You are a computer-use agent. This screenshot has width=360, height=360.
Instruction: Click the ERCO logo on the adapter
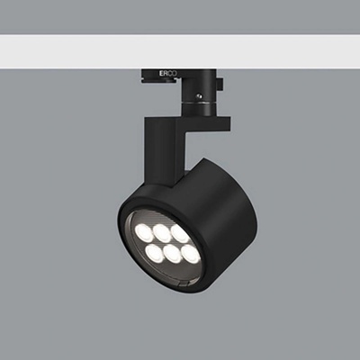pyautogui.click(x=168, y=74)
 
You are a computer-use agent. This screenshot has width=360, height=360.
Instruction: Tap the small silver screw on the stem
pyautogui.click(x=198, y=96)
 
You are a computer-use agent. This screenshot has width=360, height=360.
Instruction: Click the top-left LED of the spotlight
pyautogui.click(x=142, y=230)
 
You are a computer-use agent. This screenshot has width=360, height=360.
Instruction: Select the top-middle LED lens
pyautogui.click(x=162, y=233)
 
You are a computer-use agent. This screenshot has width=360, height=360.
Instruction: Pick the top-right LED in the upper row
pyautogui.click(x=180, y=234)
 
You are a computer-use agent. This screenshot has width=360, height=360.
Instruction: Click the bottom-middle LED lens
pyautogui.click(x=174, y=254)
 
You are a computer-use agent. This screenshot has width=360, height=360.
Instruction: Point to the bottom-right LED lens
pyautogui.click(x=190, y=255)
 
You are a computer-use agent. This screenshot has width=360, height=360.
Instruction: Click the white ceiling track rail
pyautogui.click(x=180, y=51)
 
